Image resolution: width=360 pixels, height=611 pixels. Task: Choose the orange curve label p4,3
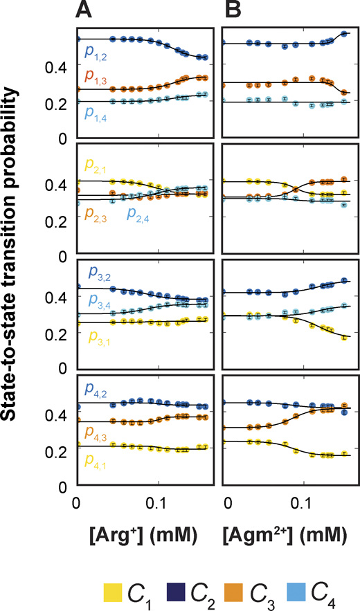point(97,432)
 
